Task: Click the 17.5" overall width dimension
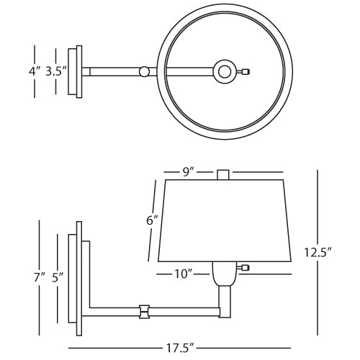[x=180, y=348]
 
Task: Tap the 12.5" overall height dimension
[x=318, y=252]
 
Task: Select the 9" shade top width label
[x=188, y=172]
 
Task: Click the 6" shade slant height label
[x=152, y=220]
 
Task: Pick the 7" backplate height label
[x=39, y=278]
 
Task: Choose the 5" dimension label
[x=58, y=278]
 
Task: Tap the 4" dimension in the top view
[x=35, y=71]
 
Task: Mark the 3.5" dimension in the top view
[x=56, y=71]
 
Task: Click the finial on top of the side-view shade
[x=222, y=174]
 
